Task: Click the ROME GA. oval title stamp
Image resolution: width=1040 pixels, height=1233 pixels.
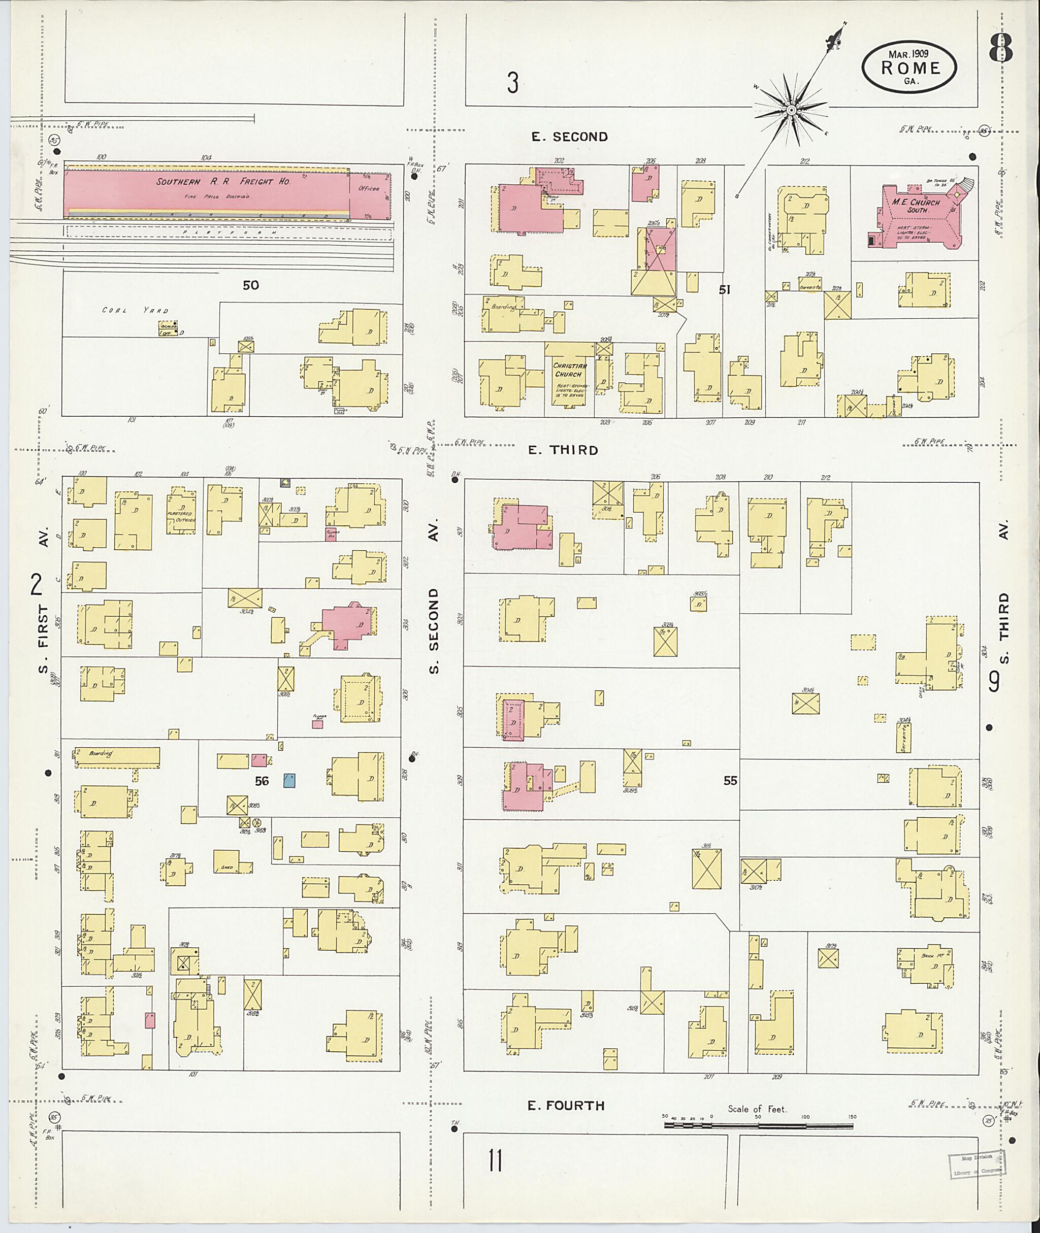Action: pyautogui.click(x=909, y=69)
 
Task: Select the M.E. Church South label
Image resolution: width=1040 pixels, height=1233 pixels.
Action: pyautogui.click(x=916, y=206)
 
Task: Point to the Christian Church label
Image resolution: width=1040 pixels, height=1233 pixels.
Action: pyautogui.click(x=570, y=370)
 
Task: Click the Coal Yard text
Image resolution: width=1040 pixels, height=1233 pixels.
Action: pyautogui.click(x=135, y=310)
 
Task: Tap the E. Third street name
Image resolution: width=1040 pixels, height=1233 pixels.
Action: pyautogui.click(x=563, y=450)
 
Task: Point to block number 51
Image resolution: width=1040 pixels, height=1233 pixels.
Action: pyautogui.click(x=725, y=289)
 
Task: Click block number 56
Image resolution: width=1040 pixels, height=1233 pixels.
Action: pyautogui.click(x=262, y=781)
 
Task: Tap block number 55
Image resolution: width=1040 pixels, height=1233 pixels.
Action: pyautogui.click(x=730, y=780)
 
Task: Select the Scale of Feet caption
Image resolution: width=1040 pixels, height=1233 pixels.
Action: pyautogui.click(x=757, y=1109)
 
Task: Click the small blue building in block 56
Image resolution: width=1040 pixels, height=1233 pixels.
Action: pyautogui.click(x=289, y=781)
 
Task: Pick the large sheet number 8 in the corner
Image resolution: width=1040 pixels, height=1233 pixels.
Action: pyautogui.click(x=1001, y=48)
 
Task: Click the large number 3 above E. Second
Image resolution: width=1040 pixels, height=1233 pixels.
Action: pyautogui.click(x=512, y=83)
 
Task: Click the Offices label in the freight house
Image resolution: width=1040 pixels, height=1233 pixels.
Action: pyautogui.click(x=369, y=189)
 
